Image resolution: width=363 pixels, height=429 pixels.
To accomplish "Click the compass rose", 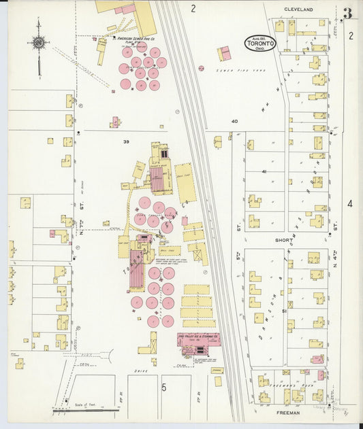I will pyautogui.click(x=39, y=43).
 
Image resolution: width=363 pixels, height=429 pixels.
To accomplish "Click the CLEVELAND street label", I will pyautogui.click(x=298, y=10).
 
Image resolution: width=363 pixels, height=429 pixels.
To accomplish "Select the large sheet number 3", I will pyautogui.click(x=348, y=13).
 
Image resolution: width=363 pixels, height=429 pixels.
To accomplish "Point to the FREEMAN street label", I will pyautogui.click(x=289, y=411).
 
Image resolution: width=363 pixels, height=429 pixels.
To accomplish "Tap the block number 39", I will pyautogui.click(x=126, y=141).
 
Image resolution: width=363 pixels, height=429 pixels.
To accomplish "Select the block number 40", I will pyautogui.click(x=234, y=121).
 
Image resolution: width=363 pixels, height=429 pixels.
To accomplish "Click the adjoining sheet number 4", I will pyautogui.click(x=350, y=203).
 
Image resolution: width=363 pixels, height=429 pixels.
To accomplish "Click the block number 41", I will pyautogui.click(x=265, y=172).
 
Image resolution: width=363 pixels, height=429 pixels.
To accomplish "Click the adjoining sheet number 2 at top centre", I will pyautogui.click(x=193, y=9).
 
